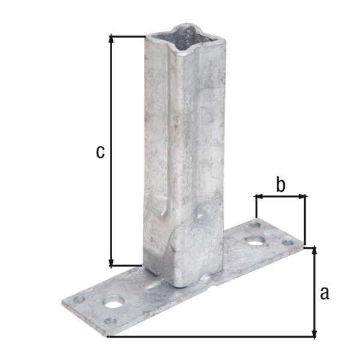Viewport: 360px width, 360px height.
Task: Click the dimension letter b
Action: pos(280,185)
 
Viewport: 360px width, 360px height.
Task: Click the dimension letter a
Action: pos(325,293)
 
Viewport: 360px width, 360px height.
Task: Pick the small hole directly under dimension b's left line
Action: pos(256,224)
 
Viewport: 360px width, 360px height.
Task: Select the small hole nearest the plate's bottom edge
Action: pos(109,320)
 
